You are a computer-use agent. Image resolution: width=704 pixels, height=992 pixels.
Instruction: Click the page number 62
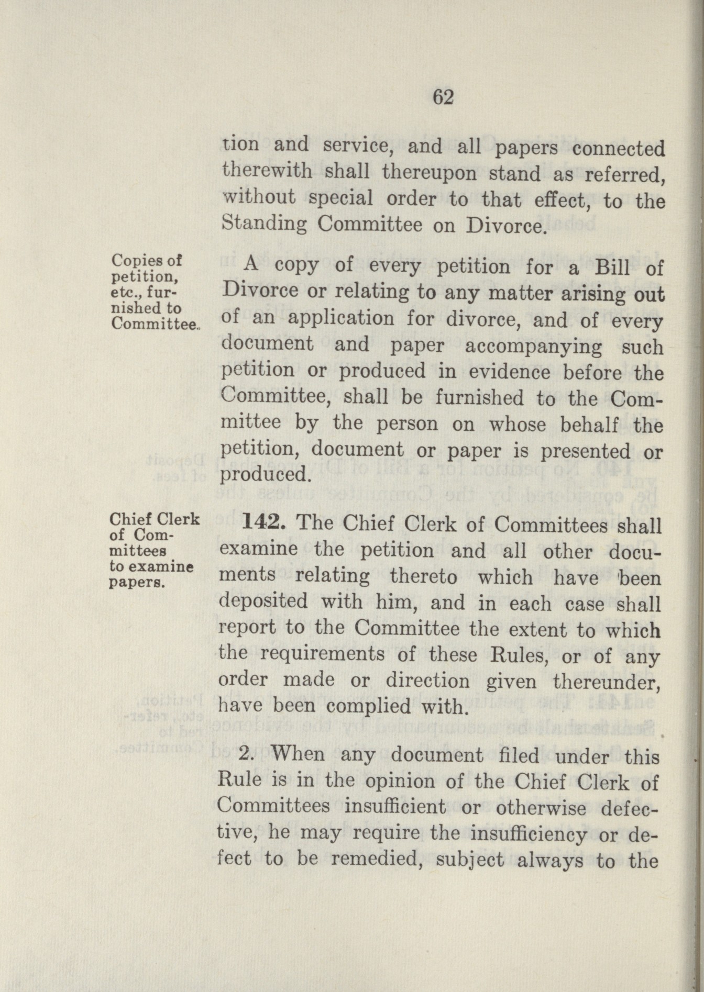[x=443, y=97]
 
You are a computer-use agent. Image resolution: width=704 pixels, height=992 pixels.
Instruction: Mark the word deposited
[x=263, y=602]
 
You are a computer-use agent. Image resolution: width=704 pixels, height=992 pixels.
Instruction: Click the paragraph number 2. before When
[x=247, y=755]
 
